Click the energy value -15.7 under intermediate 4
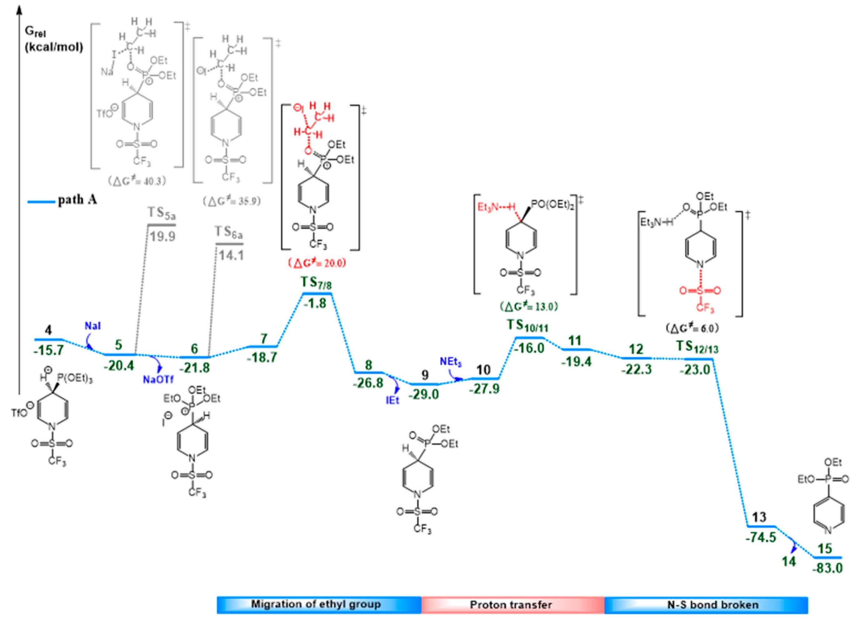coord(48,350)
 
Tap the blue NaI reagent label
coord(93,326)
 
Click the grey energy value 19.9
coord(162,236)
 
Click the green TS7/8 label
coord(316,283)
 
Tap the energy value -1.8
coord(315,303)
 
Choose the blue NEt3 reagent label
coord(451,362)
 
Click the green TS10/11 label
coord(528,326)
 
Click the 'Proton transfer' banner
coord(511,605)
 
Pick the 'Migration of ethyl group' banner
coord(316,605)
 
